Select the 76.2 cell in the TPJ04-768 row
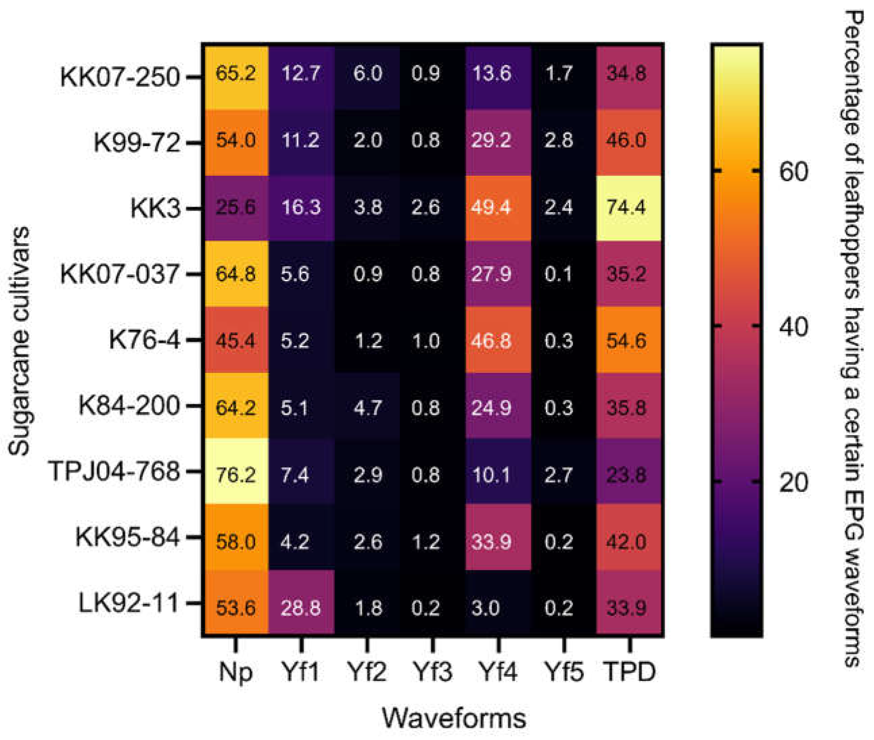point(236,475)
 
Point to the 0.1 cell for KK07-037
point(558,274)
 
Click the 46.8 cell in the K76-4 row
point(497,340)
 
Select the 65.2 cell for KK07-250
point(236,74)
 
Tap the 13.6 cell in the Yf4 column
point(497,74)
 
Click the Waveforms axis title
point(454,718)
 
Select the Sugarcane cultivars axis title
point(19,341)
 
